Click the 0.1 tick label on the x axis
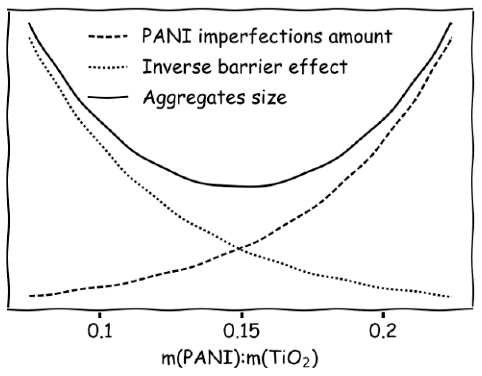(x=100, y=331)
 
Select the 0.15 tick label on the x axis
(x=241, y=331)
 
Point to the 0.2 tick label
(x=382, y=331)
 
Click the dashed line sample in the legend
(x=108, y=36)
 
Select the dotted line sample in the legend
(x=108, y=67)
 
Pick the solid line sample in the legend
(x=108, y=97)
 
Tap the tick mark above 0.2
(x=382, y=315)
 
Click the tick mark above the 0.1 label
(x=100, y=315)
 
